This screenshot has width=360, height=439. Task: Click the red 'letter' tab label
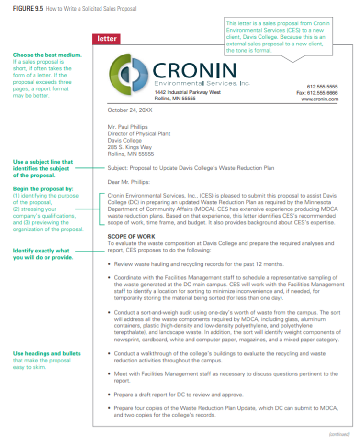[107, 39]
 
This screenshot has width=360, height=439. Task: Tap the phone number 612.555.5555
[322, 87]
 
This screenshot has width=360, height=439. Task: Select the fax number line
[317, 93]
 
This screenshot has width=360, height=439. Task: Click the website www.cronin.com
[320, 99]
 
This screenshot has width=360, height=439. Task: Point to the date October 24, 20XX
[130, 110]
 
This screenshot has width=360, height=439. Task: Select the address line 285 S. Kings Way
[130, 147]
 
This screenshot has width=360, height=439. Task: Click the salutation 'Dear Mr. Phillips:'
[129, 182]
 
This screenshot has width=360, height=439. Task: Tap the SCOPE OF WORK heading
[131, 237]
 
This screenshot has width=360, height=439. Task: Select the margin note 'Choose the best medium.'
[47, 55]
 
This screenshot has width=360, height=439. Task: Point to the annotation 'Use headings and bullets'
[47, 354]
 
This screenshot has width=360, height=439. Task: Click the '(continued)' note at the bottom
[340, 434]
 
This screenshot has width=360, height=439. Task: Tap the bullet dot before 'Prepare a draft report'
[110, 395]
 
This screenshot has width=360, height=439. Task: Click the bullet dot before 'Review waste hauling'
[110, 264]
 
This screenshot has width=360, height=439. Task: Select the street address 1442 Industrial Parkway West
[187, 92]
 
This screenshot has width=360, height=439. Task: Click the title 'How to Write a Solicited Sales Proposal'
[91, 9]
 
